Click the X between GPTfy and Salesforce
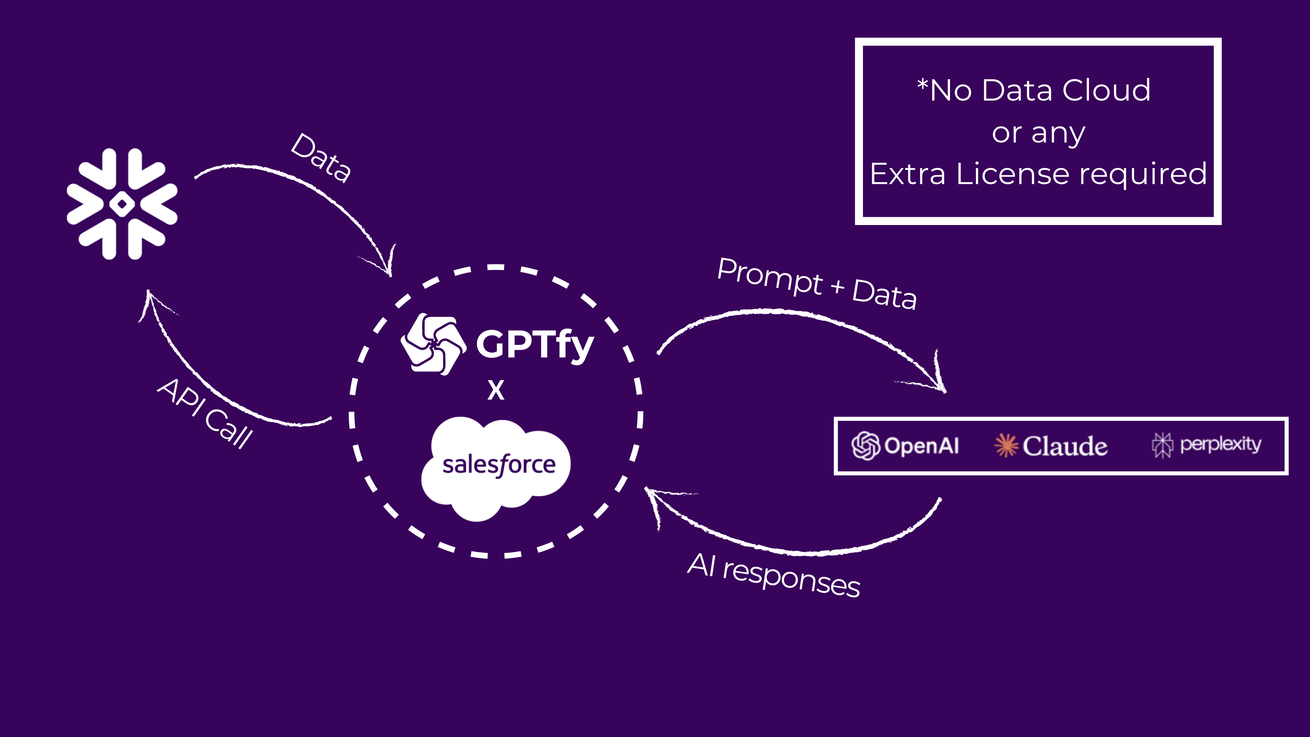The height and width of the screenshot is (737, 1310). coord(496,391)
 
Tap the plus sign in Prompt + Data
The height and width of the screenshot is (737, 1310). coord(837,287)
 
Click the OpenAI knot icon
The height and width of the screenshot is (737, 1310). coord(866,445)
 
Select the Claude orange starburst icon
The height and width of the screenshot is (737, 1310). coord(1006,445)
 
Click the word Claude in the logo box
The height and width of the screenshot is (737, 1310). coord(1065,446)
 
